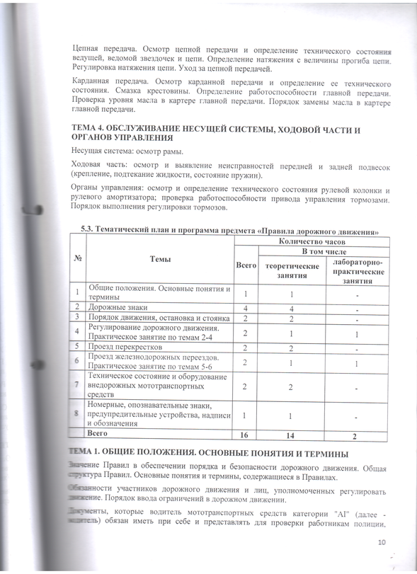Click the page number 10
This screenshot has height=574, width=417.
(x=382, y=543)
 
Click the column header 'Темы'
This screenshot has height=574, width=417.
(x=160, y=260)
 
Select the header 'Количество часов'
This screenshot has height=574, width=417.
(x=312, y=241)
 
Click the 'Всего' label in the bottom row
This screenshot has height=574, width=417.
(x=97, y=432)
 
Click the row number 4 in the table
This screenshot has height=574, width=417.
(x=76, y=333)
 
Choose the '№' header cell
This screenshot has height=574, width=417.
(x=76, y=260)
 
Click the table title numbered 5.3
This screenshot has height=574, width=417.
(x=234, y=230)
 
